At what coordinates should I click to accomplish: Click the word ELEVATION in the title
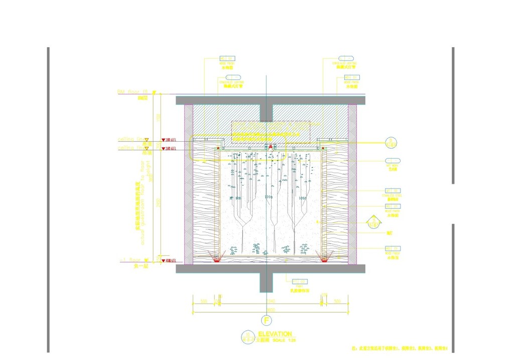click(x=275, y=334)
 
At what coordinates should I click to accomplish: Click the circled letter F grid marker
click(x=267, y=320)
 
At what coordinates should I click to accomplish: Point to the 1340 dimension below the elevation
click(x=270, y=301)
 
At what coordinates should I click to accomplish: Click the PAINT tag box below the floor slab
click(x=300, y=282)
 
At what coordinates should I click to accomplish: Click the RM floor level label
click(x=130, y=92)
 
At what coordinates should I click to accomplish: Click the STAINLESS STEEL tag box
click(x=393, y=191)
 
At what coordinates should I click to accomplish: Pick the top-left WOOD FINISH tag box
click(x=227, y=59)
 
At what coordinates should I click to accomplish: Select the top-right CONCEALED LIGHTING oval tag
click(x=346, y=59)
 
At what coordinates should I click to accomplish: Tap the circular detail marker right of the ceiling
click(x=391, y=142)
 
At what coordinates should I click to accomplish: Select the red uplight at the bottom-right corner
click(x=325, y=258)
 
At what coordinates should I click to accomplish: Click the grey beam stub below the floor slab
click(x=267, y=283)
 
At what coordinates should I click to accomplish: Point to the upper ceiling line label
click(x=130, y=139)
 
